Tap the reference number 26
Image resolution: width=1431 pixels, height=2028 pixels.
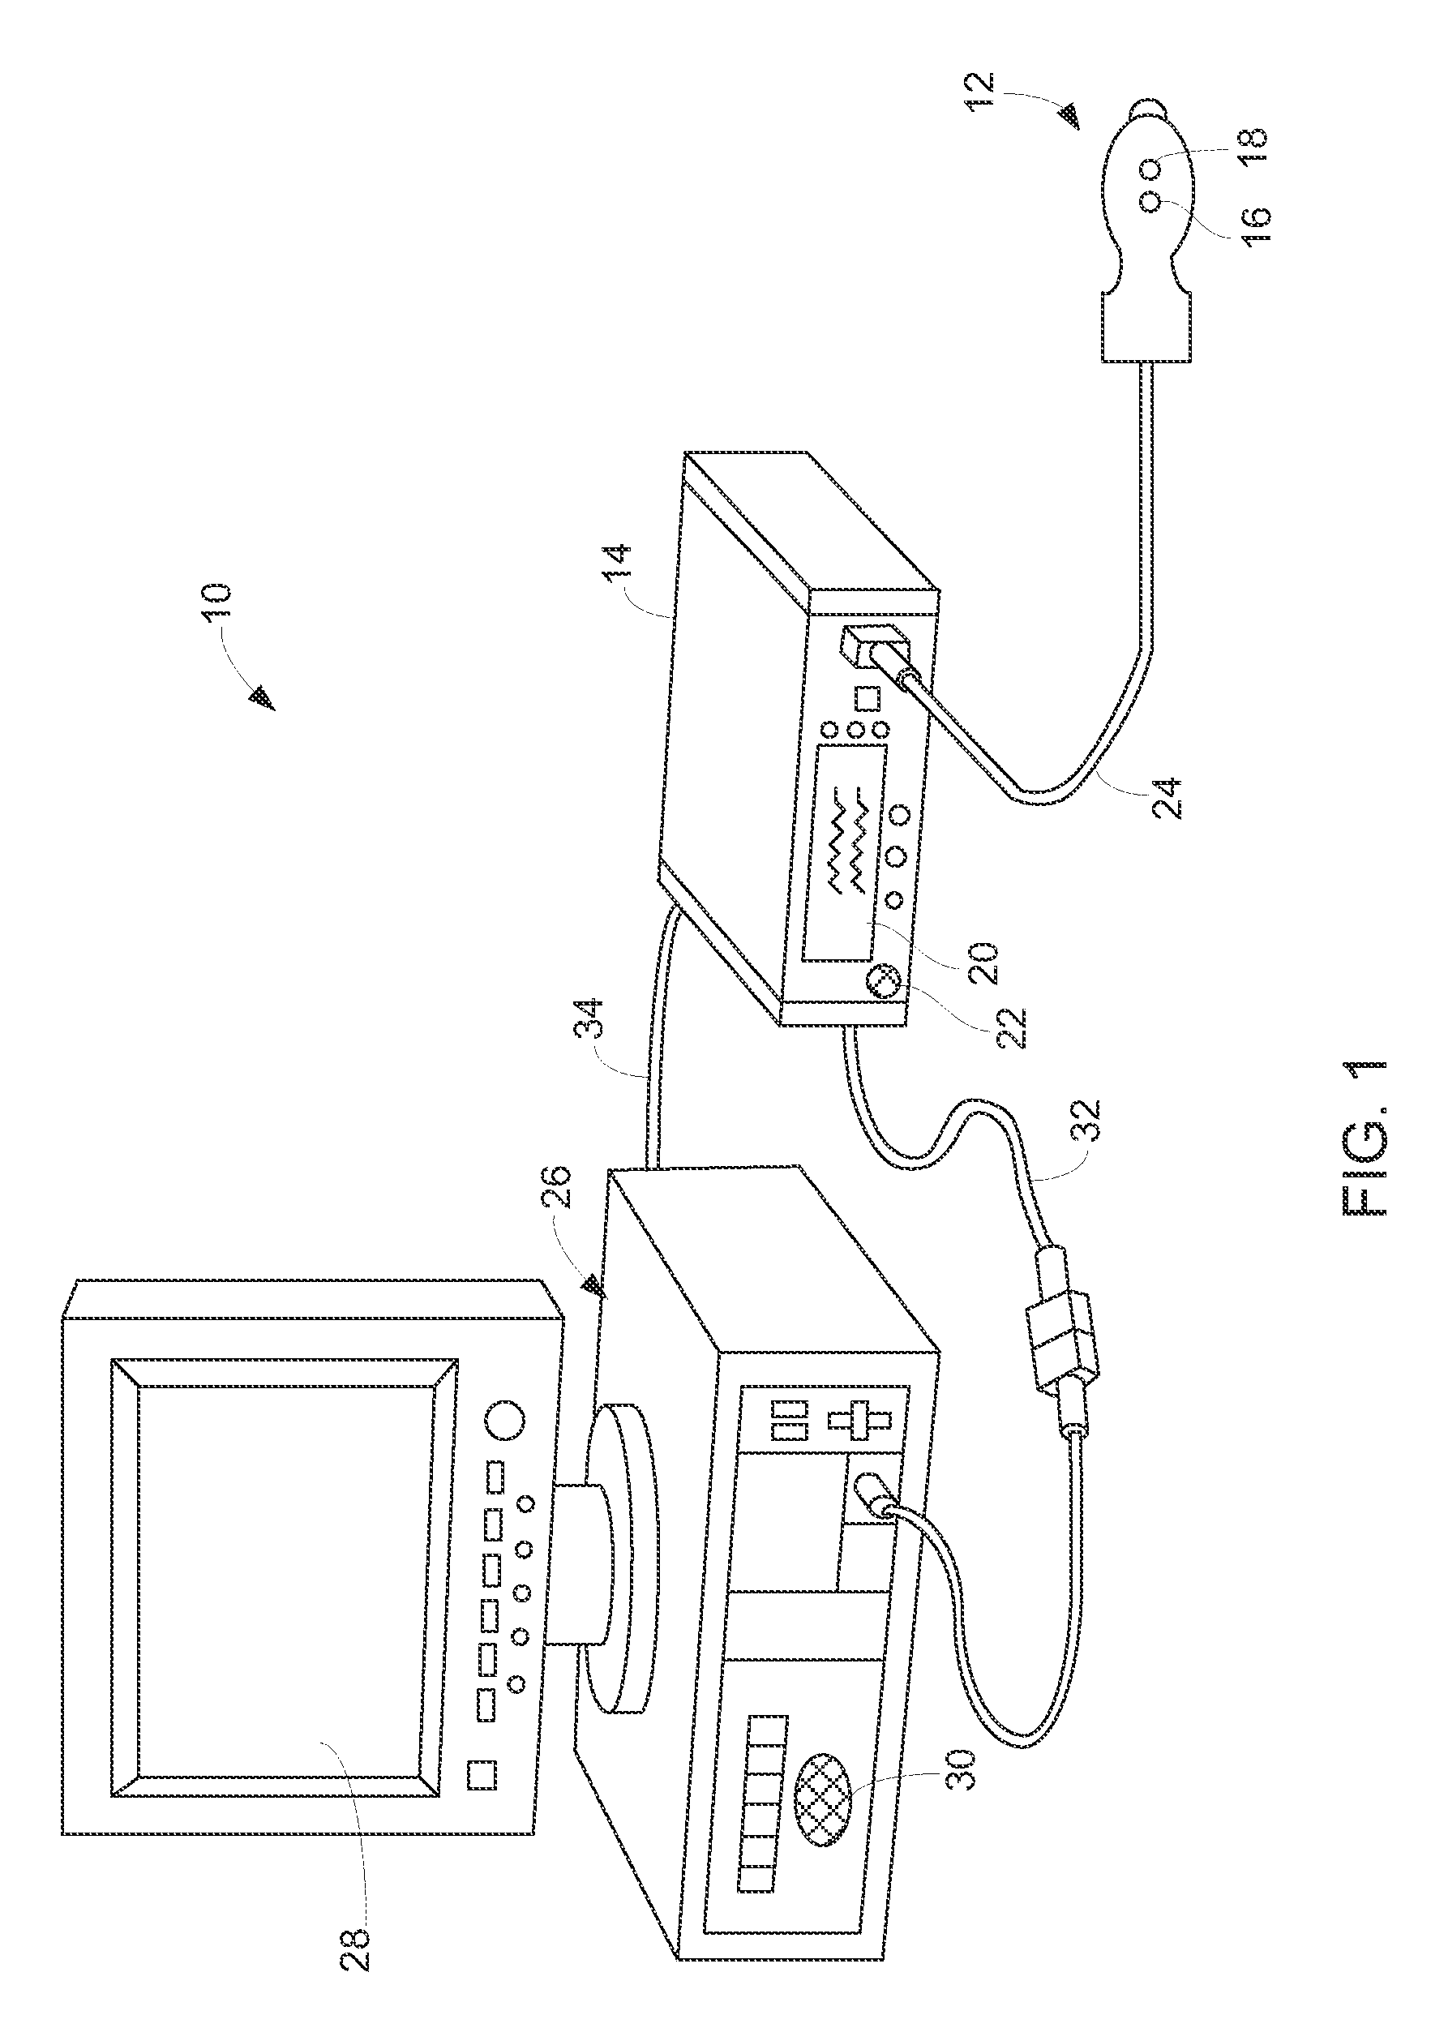pyautogui.click(x=562, y=1187)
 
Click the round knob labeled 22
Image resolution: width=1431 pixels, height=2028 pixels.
pyautogui.click(x=884, y=980)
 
